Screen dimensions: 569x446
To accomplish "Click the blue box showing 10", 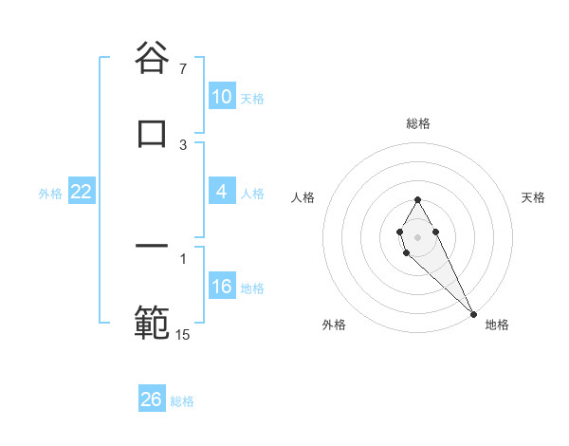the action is [221, 97].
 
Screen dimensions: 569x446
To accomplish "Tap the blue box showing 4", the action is [221, 192].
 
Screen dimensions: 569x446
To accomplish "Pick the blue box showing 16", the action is [221, 287].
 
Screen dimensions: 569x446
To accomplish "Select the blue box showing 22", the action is [81, 192].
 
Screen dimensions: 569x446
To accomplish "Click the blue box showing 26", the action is [151, 400].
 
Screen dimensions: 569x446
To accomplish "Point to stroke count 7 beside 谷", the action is [183, 69].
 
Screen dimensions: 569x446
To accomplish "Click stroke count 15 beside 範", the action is [183, 334].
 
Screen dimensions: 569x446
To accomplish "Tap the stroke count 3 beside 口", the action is [183, 145].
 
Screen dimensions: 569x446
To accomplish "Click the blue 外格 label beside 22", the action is [50, 193].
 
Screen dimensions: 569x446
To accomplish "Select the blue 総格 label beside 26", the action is [182, 400].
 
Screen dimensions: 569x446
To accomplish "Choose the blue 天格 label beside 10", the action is [252, 98].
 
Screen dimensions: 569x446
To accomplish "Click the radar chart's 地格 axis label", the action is [497, 325].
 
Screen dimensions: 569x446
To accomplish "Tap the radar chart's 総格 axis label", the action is [418, 123].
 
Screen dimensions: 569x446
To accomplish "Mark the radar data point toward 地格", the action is [473, 312].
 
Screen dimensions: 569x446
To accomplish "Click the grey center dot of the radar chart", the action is [417, 235].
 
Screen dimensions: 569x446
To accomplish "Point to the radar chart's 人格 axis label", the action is [303, 197].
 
